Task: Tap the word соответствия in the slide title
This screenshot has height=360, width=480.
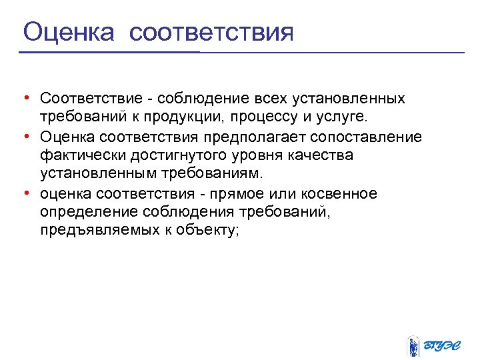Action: tap(211, 33)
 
